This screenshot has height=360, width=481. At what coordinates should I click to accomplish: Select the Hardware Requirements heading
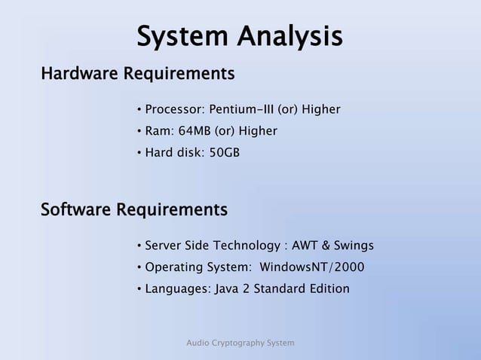(x=137, y=75)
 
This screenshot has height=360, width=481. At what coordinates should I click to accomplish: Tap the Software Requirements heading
(x=133, y=208)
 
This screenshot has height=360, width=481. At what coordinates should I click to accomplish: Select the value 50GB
(x=224, y=154)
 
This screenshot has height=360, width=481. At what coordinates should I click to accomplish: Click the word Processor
(x=172, y=110)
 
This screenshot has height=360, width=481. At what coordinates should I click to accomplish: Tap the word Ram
(x=157, y=132)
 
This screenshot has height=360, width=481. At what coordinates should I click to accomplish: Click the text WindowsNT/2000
(x=315, y=267)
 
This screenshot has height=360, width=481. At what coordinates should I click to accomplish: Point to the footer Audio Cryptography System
(x=240, y=343)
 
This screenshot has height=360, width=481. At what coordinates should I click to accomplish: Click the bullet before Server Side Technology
(x=139, y=246)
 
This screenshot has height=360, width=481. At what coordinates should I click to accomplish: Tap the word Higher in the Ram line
(x=257, y=132)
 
